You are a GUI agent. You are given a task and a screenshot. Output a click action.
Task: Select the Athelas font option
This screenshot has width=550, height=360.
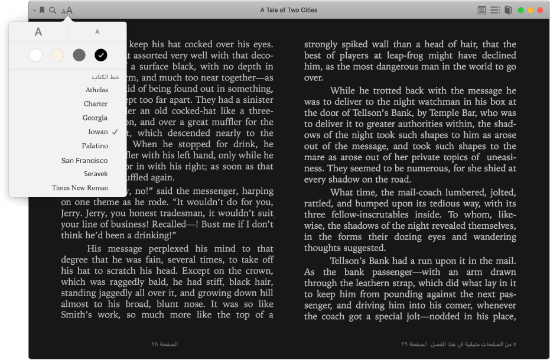coord(96,90)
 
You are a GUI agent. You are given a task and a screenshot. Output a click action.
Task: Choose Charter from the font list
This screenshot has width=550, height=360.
coord(96,103)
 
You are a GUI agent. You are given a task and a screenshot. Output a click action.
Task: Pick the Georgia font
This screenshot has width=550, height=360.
coord(95,118)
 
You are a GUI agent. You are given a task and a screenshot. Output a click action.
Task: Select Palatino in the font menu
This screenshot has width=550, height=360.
coord(95,145)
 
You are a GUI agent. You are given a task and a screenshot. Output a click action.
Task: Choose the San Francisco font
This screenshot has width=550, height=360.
coord(84,160)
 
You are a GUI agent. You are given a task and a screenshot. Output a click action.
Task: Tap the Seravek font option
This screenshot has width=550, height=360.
coord(96,174)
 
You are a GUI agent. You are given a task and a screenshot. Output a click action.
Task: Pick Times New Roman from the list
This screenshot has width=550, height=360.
coord(80,188)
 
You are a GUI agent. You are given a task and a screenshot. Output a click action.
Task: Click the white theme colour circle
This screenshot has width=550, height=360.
coord(36,56)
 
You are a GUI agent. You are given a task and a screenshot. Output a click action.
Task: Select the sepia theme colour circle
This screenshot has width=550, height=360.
coord(57,56)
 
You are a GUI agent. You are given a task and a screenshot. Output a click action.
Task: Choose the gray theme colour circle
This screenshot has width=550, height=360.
coord(79,56)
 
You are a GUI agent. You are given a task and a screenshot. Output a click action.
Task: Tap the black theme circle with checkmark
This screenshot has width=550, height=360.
coord(100,56)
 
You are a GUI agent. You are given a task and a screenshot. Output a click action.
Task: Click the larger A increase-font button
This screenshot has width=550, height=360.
coord(38,32)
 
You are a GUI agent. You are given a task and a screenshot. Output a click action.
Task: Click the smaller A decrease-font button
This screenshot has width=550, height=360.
coord(97,32)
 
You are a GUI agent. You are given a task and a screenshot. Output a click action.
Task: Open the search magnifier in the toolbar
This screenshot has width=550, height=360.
coord(53,10)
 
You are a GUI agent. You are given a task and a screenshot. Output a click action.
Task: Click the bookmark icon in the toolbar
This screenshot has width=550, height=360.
coord(42,10)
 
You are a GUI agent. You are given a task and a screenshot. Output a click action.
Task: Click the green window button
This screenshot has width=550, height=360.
coord(521,10)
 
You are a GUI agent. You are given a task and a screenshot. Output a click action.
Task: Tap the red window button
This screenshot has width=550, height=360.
coord(541,10)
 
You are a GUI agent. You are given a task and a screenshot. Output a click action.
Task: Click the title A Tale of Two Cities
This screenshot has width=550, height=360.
coord(289,10)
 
